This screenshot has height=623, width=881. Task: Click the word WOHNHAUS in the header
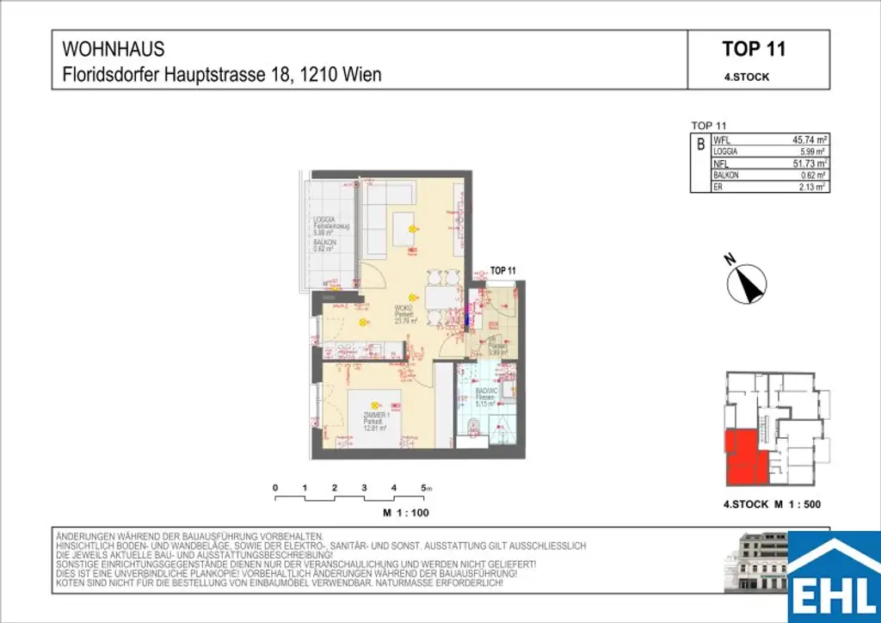pos(114,50)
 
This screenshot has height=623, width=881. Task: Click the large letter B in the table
pos(700,145)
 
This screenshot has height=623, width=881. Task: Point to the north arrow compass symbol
pos(747,283)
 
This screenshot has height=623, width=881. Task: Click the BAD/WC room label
pos(488,394)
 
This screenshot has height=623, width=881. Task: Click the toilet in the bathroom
pos(475,426)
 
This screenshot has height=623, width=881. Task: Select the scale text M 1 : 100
pos(405,513)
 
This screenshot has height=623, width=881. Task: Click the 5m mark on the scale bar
pos(426,489)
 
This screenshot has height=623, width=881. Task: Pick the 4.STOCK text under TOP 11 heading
pos(747,77)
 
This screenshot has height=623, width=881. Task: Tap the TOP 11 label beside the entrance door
pos(502,270)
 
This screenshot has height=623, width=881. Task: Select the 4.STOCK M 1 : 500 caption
pos(773,506)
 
